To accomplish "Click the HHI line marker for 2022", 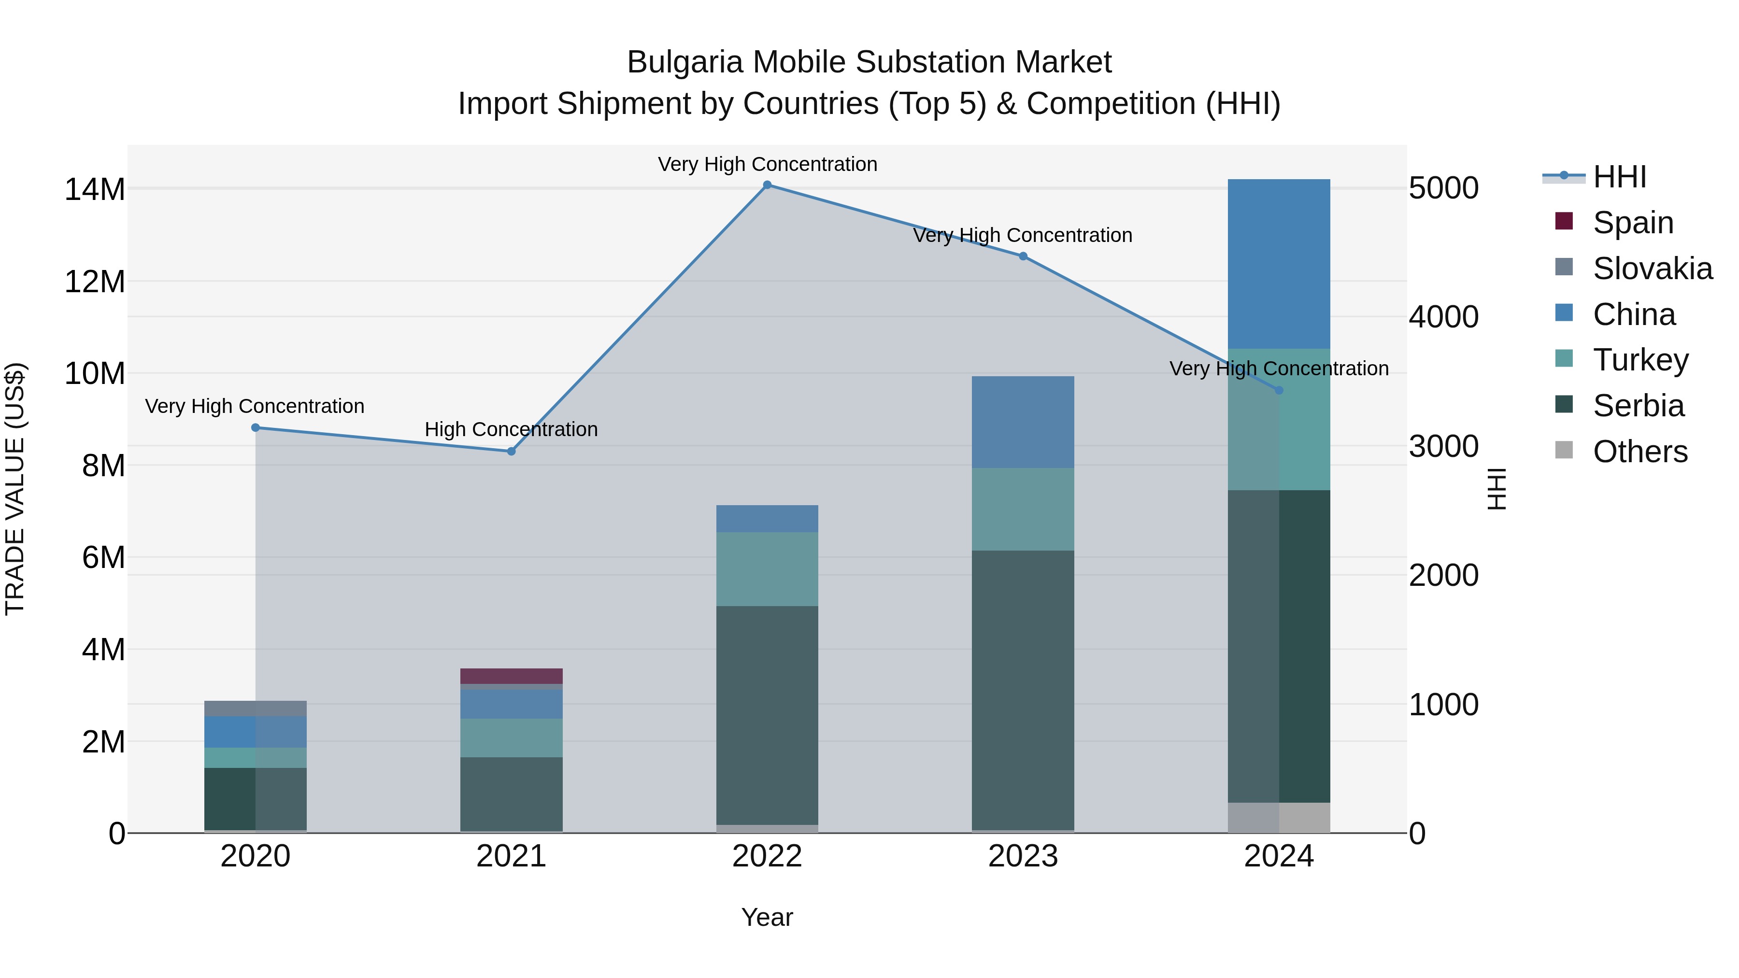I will tap(767, 185).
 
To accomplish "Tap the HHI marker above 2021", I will tap(511, 452).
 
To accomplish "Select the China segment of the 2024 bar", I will tap(1279, 264).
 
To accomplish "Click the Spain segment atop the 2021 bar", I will tap(511, 676).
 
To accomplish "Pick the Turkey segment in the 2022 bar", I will tap(767, 569).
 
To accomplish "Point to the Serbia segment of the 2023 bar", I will tap(1023, 690).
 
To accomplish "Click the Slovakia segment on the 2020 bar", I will tap(255, 709).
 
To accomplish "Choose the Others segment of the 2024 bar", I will tap(1279, 817).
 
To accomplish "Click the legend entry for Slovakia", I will tap(1652, 269).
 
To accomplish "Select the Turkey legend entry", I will tap(1640, 360).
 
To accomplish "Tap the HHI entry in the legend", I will tap(1619, 177).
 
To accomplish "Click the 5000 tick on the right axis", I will tap(1444, 188).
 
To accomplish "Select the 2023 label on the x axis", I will tap(1023, 856).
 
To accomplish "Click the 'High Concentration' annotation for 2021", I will tap(511, 429).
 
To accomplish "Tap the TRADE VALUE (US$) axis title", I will tap(15, 489).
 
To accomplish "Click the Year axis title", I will tap(767, 917).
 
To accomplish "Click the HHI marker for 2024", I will tap(1279, 390).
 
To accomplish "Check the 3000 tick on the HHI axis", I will tap(1444, 447).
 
